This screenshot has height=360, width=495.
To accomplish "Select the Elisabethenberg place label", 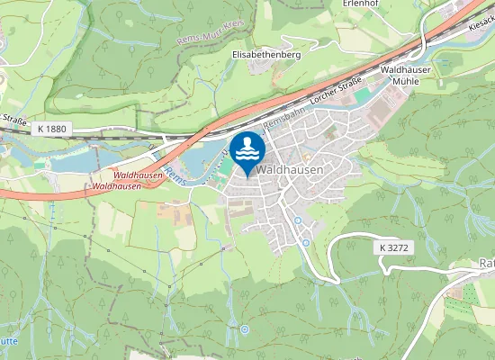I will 265,54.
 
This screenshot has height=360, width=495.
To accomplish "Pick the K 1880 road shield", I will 53,130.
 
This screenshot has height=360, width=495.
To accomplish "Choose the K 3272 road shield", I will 393,246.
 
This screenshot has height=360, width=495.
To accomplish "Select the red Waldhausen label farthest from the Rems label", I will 116,185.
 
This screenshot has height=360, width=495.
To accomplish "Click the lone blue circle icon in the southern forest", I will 244,330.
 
